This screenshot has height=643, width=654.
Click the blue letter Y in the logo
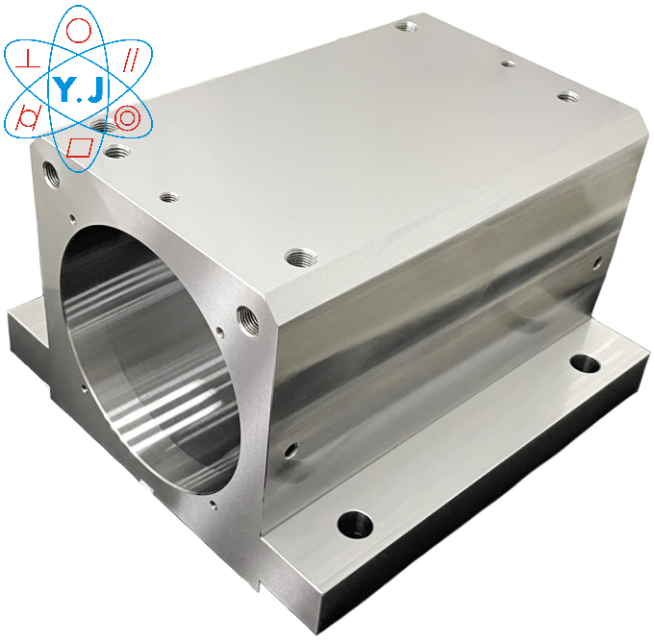64,90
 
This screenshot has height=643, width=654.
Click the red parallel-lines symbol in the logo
130,60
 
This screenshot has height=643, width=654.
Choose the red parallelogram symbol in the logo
82,147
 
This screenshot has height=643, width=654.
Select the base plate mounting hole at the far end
582,363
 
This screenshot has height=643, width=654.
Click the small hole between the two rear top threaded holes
509,64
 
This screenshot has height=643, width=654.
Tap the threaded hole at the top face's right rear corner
568,97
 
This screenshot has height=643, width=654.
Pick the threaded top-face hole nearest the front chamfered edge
297,257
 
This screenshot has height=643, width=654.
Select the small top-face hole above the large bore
169,197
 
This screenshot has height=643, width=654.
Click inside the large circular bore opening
144,356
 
